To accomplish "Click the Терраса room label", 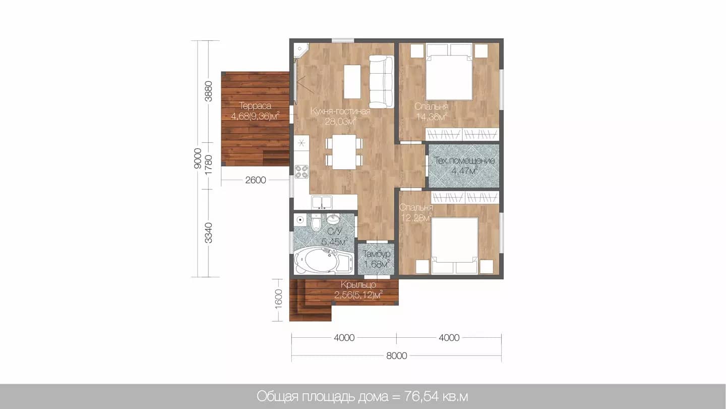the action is click(x=256, y=106).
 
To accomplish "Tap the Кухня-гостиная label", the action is click(x=340, y=111).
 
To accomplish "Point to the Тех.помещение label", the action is click(x=465, y=161).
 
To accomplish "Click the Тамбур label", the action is click(x=376, y=253).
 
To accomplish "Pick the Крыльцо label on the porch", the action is click(x=358, y=285).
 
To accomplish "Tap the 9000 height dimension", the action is click(x=198, y=159).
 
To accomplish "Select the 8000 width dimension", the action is click(x=396, y=356).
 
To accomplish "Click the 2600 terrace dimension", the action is click(x=256, y=180).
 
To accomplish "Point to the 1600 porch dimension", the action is click(x=278, y=299).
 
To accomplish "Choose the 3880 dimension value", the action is click(x=209, y=91).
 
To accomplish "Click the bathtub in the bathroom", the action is click(x=324, y=260).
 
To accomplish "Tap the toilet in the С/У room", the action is click(x=316, y=223).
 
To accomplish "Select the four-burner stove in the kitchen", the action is click(x=301, y=172).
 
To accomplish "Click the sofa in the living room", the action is click(x=382, y=81).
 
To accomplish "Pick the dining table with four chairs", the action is click(x=344, y=152).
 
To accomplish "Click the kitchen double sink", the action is click(x=322, y=202).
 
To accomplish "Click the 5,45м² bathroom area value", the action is click(x=334, y=241).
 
